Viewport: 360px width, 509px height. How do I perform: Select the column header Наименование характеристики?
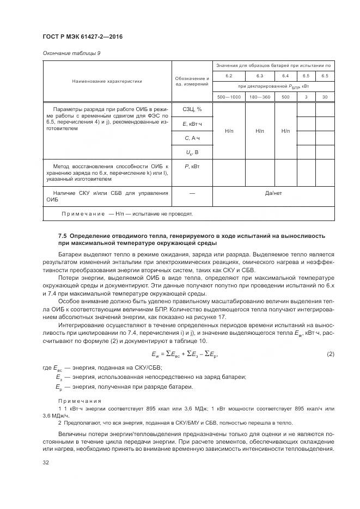(107, 81)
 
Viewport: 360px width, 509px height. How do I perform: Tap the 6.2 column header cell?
(229, 76)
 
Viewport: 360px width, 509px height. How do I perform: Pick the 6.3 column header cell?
(259, 76)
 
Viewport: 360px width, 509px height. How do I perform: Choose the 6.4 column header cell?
(285, 76)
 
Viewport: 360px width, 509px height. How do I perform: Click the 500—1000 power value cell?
(229, 97)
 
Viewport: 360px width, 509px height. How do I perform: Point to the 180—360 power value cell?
(259, 97)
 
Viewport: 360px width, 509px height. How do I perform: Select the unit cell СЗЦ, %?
(192, 110)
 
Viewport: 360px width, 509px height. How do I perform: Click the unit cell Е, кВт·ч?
(192, 125)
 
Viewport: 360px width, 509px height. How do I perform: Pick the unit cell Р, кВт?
(192, 165)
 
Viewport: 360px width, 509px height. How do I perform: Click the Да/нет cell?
(272, 193)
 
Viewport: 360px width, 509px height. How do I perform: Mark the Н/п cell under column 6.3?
(259, 132)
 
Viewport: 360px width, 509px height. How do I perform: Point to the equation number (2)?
(330, 355)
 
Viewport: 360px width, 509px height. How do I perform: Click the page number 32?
(46, 463)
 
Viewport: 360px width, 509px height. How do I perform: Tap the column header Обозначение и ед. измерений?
(192, 81)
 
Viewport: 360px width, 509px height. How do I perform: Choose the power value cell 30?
(325, 97)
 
